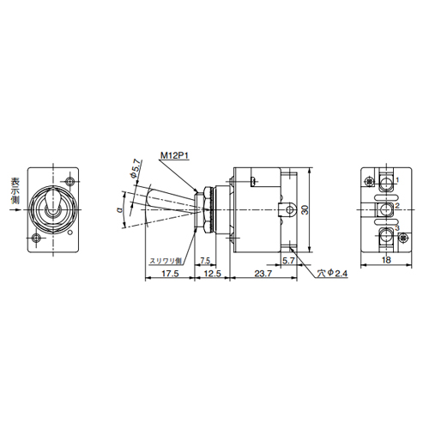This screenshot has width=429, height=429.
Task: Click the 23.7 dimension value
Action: [262, 275]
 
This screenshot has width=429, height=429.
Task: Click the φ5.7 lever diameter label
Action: [136, 169]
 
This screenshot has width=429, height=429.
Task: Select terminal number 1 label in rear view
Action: [396, 181]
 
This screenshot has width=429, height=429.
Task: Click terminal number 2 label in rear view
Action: [396, 207]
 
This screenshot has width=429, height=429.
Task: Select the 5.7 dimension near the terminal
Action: [288, 259]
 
